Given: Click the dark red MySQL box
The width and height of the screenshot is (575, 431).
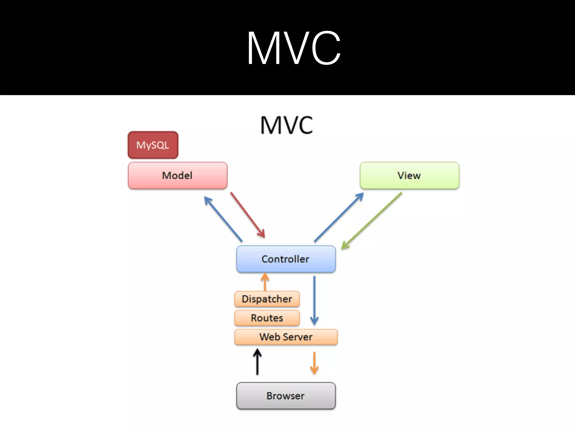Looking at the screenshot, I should [153, 145].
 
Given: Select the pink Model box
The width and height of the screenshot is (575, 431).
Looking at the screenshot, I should [177, 175].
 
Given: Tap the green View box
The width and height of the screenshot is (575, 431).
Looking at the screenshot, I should [409, 175].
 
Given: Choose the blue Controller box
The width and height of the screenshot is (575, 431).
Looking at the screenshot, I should [286, 259].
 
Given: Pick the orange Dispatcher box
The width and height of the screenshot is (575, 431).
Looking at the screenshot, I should [267, 299].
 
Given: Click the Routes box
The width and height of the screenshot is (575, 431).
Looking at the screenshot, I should [267, 318].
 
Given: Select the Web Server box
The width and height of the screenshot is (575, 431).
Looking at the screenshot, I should [286, 337].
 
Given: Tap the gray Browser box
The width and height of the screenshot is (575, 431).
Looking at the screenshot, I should [286, 396].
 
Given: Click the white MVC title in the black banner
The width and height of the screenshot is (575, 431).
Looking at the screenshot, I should [294, 48].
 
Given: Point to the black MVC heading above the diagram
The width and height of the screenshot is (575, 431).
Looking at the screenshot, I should [286, 125].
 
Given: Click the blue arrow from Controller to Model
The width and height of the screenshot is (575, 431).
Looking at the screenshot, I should [223, 219].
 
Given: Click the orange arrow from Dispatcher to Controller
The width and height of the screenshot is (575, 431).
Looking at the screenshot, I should [265, 282].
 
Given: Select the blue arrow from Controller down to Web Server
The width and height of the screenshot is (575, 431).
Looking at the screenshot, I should [314, 300].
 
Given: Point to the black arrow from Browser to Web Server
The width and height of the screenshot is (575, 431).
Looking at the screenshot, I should [257, 362].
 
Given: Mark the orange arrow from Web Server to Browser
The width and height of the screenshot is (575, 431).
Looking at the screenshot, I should [314, 363].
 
